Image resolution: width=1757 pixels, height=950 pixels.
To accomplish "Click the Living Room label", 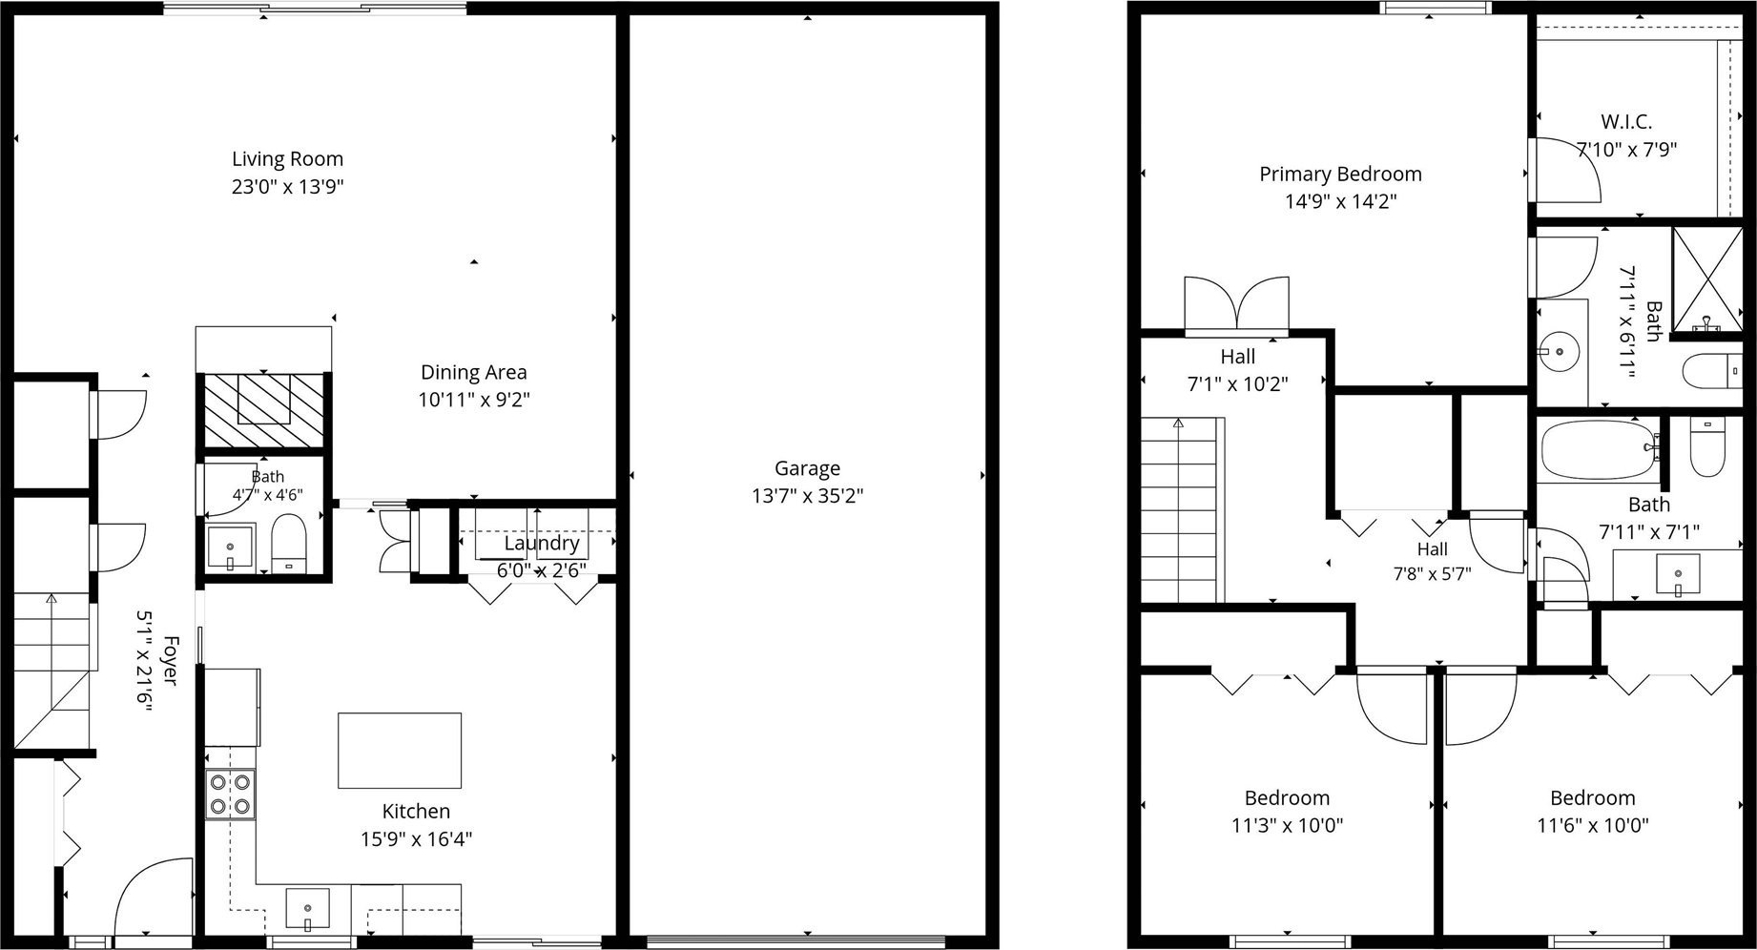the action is pyautogui.click(x=287, y=159).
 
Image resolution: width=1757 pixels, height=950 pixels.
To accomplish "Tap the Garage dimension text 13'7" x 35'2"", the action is pyautogui.click(x=807, y=496).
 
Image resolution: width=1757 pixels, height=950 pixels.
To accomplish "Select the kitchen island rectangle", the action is pyautogui.click(x=400, y=751).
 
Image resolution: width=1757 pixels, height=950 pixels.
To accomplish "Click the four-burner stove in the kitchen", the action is pyautogui.click(x=231, y=795).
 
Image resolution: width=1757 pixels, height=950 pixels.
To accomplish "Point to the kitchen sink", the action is pyautogui.click(x=307, y=909).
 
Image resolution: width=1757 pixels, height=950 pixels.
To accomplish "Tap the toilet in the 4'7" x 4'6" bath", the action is pyautogui.click(x=288, y=543).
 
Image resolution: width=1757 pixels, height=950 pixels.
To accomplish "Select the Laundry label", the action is pyautogui.click(x=542, y=543).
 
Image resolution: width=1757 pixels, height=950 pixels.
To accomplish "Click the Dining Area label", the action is pyautogui.click(x=473, y=372).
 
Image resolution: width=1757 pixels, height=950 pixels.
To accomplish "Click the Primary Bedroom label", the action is pyautogui.click(x=1340, y=175).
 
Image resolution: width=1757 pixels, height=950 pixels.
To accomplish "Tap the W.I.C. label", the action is pyautogui.click(x=1626, y=122).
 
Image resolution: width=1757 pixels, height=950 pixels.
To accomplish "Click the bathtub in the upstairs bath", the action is pyautogui.click(x=1602, y=450).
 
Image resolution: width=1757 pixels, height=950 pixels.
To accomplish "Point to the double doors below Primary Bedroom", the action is pyautogui.click(x=1236, y=305).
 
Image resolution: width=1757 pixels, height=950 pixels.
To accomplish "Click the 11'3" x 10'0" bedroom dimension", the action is pyautogui.click(x=1287, y=825).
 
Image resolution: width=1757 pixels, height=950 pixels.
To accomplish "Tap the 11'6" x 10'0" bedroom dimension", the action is pyautogui.click(x=1592, y=825).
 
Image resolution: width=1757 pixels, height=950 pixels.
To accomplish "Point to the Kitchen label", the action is pyautogui.click(x=416, y=812).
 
